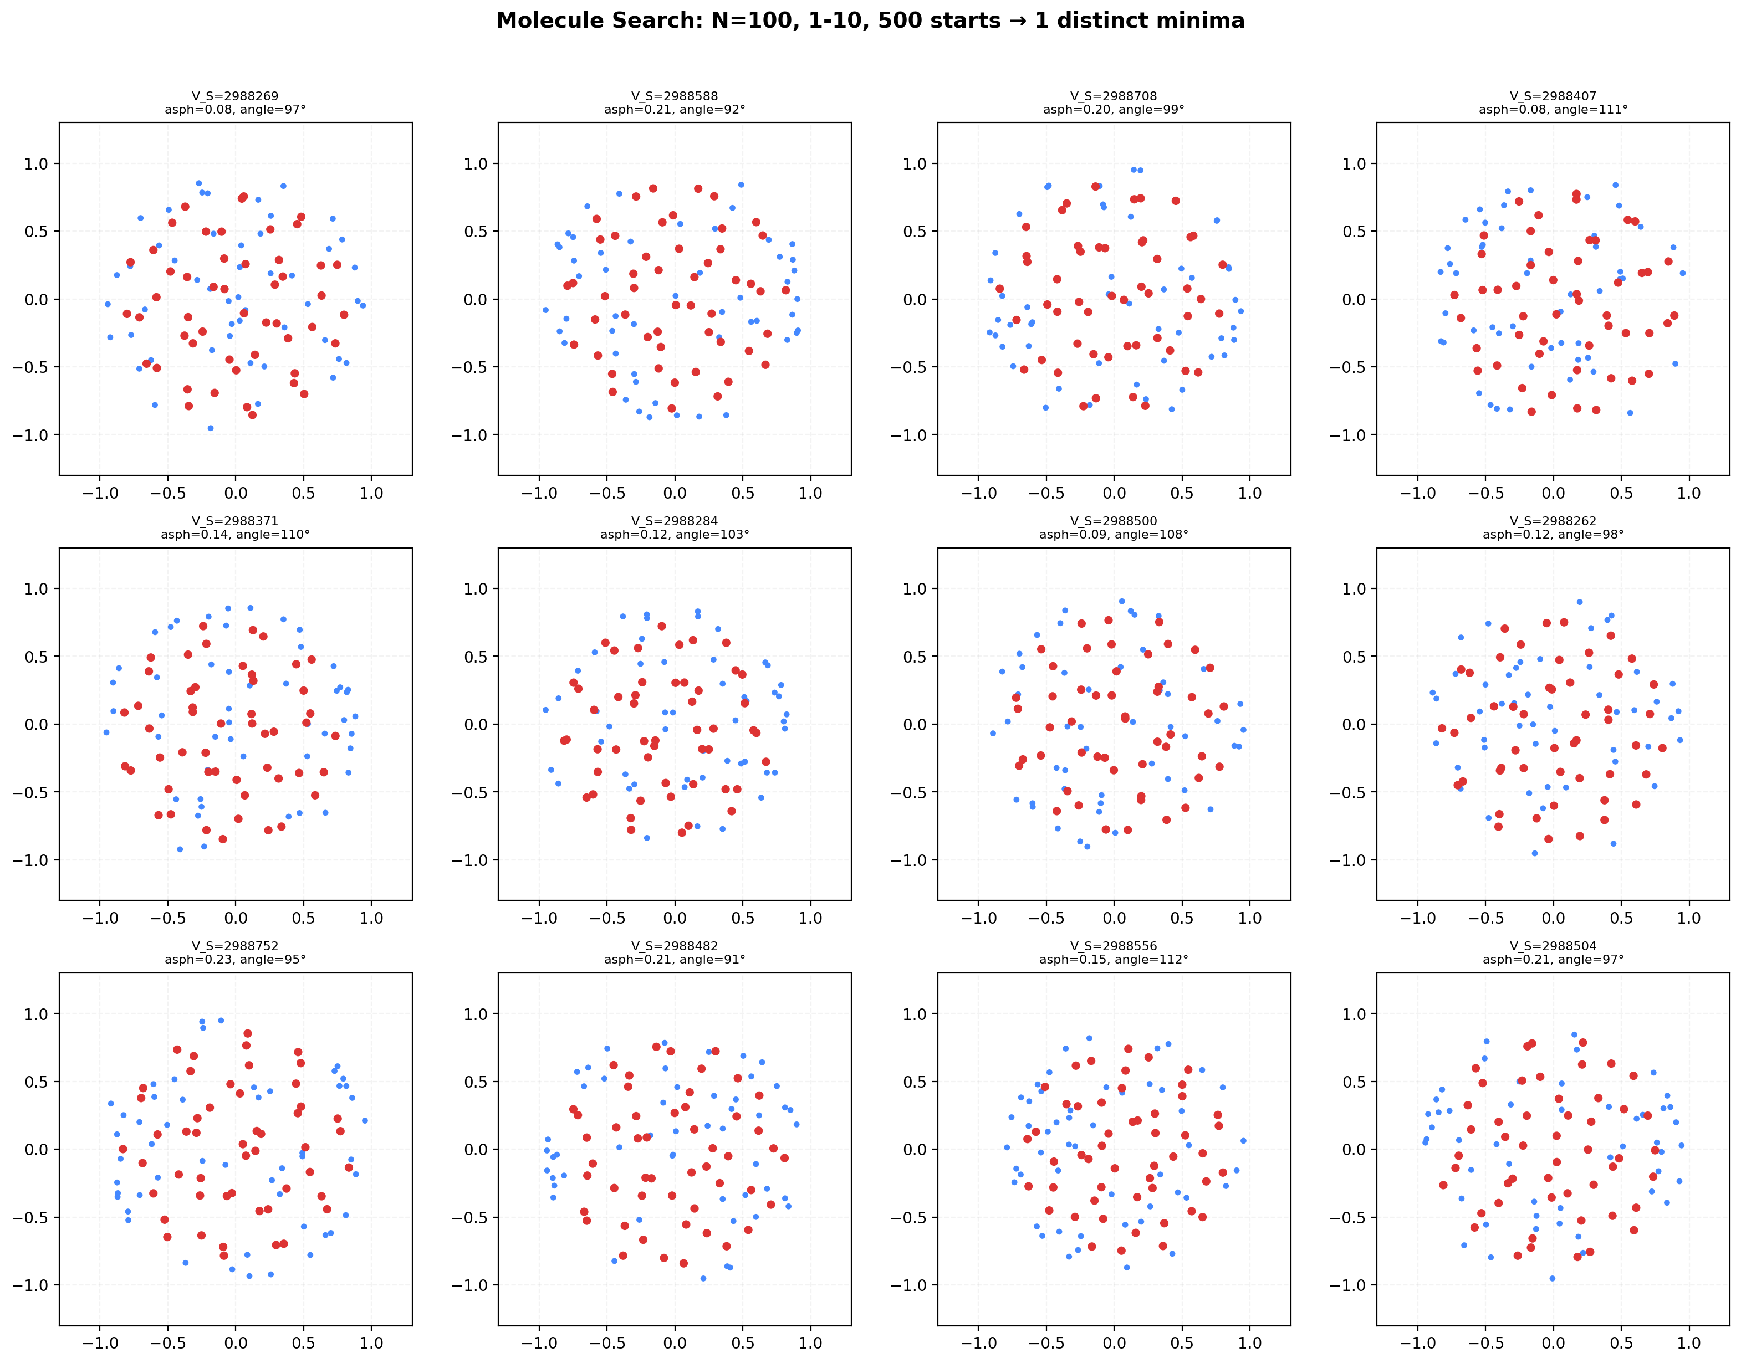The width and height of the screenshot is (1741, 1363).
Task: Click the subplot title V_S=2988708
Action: click(x=1114, y=96)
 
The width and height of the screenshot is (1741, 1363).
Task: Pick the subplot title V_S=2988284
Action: click(x=675, y=521)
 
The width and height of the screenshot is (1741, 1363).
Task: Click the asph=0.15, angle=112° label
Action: click(x=1114, y=959)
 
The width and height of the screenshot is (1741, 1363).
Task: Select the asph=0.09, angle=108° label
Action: click(x=1114, y=535)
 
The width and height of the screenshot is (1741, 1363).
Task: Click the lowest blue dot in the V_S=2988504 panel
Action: click(x=1553, y=1278)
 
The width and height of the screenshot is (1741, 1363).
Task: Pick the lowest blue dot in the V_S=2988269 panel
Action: click(x=211, y=428)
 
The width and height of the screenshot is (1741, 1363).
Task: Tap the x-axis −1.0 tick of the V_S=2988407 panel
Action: click(x=1418, y=493)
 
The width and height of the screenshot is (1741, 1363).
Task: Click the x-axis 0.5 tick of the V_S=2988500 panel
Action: click(x=1182, y=919)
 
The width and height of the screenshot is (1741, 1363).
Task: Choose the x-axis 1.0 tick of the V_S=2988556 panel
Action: click(x=1250, y=1343)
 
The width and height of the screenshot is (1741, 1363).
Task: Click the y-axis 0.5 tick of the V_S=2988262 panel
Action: click(x=1354, y=657)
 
